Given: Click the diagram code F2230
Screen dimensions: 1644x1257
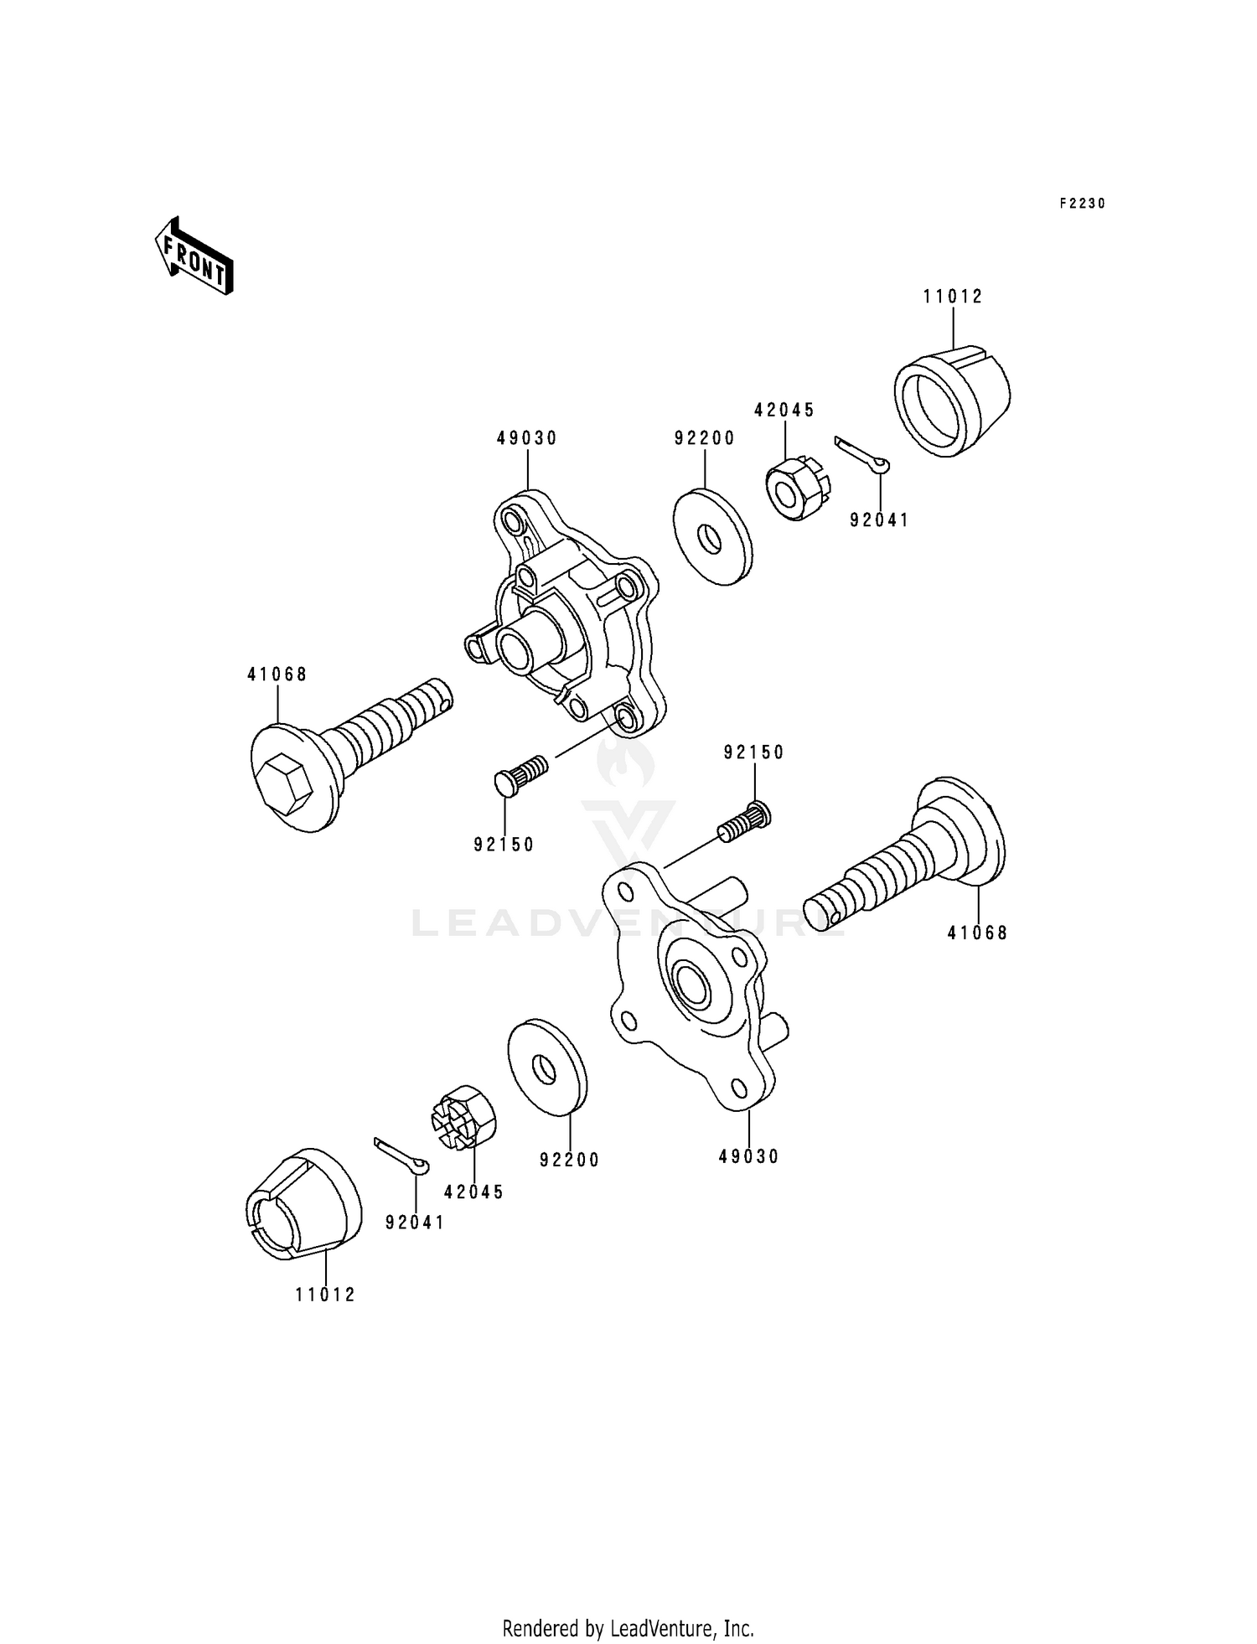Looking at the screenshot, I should pos(1082,204).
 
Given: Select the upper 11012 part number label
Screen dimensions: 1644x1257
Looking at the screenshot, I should pos(953,297).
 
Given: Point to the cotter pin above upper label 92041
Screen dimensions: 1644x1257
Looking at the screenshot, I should pos(862,453).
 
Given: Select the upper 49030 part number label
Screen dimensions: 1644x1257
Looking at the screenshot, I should pos(526,438).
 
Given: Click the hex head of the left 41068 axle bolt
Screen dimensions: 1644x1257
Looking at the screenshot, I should pos(286,783).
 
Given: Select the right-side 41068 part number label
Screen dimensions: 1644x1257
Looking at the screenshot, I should pos(977,933).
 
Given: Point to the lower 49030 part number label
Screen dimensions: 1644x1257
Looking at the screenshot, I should pos(748,1157).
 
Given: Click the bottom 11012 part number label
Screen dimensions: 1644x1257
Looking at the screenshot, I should pos(325,1295).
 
